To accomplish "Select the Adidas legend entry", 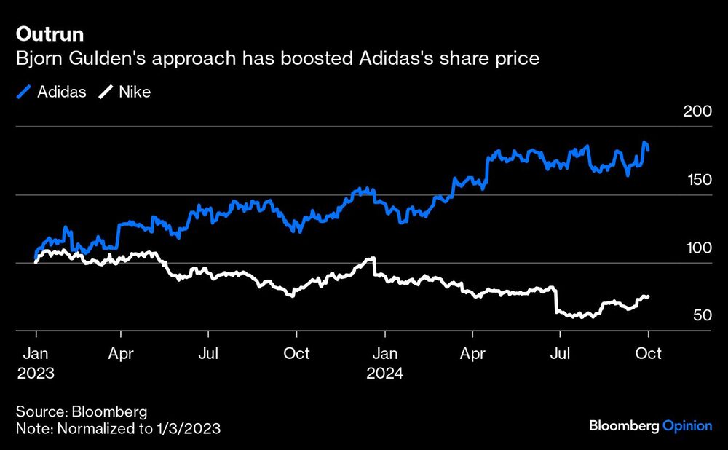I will coord(52,92).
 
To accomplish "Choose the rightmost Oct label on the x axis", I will coord(648,354).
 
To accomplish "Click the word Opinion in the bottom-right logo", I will coord(687,426).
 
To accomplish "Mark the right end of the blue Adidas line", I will coord(648,149).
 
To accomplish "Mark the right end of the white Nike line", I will coord(648,296).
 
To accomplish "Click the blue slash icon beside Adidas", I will coord(23,92).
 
